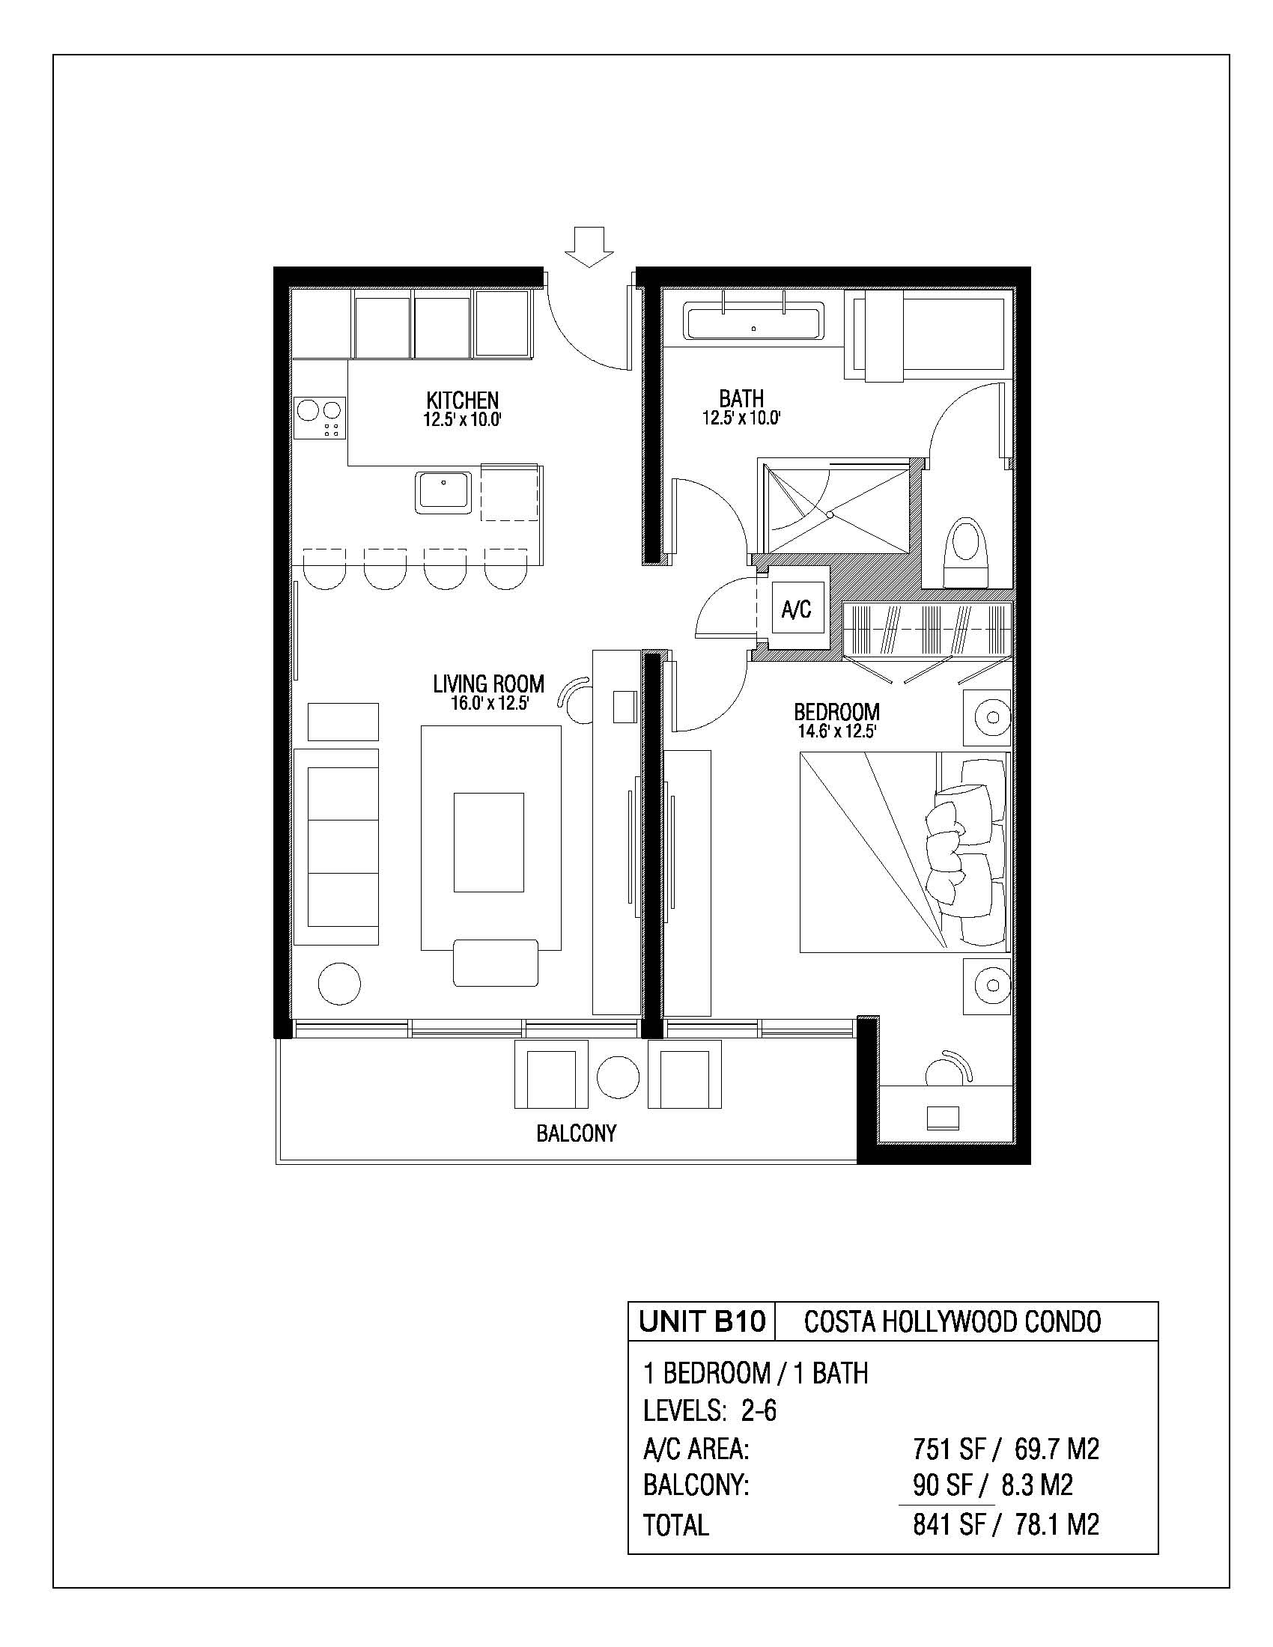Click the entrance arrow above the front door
click(589, 246)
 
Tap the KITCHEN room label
click(462, 400)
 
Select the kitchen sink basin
click(443, 491)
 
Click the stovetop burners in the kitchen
click(320, 418)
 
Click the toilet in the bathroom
click(966, 550)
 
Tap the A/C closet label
click(797, 609)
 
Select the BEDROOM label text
click(836, 711)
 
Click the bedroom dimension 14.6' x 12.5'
click(836, 731)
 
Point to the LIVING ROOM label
click(489, 684)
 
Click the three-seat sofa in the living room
click(335, 846)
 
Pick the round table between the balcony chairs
click(618, 1077)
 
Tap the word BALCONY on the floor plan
click(576, 1133)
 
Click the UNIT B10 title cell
click(702, 1321)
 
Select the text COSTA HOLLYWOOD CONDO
click(953, 1322)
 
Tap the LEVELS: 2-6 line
click(710, 1410)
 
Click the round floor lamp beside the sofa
click(339, 984)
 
